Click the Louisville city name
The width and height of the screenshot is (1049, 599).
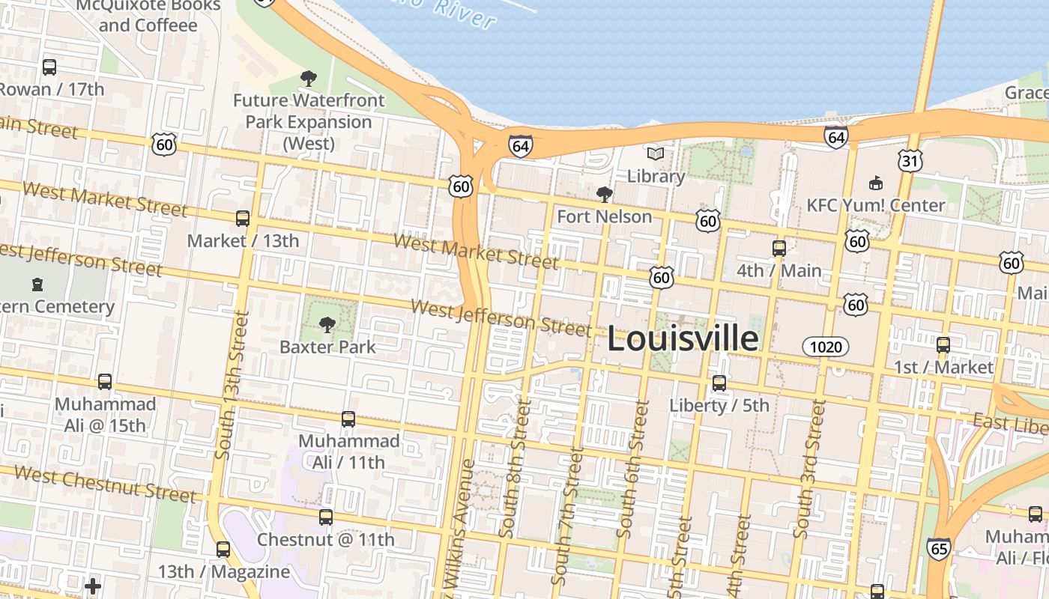click(682, 338)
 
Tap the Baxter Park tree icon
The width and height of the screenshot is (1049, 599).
click(327, 324)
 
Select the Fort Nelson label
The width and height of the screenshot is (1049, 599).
click(605, 216)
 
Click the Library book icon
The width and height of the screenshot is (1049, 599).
click(656, 154)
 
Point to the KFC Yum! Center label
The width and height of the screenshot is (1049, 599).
click(876, 205)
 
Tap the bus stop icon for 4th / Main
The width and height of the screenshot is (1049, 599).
click(779, 248)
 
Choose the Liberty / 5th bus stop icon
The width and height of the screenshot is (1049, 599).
click(719, 383)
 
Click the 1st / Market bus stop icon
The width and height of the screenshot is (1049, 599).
click(943, 345)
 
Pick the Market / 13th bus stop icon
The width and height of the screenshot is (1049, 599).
click(243, 219)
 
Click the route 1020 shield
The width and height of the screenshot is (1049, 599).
click(826, 347)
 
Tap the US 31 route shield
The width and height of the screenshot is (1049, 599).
click(911, 161)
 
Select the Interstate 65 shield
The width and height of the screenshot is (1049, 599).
click(938, 549)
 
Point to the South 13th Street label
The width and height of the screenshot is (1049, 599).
click(232, 385)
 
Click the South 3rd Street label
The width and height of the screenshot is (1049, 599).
click(810, 468)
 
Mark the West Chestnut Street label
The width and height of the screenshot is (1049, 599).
click(105, 484)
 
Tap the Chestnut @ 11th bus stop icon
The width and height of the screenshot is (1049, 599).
click(326, 517)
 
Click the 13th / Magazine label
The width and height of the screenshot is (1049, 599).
click(223, 572)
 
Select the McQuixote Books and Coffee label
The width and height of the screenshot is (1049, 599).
click(148, 16)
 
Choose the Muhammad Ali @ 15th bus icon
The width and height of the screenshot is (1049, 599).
click(105, 382)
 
